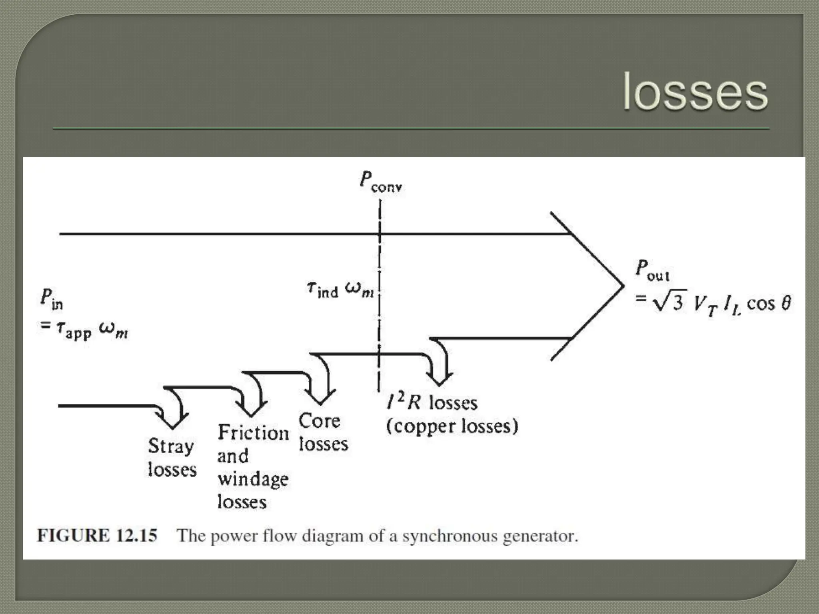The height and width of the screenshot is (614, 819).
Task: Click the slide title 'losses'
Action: (695, 92)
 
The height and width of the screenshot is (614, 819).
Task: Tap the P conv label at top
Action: (380, 182)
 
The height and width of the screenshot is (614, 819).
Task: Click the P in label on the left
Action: (52, 300)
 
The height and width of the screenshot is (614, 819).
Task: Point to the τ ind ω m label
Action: (340, 290)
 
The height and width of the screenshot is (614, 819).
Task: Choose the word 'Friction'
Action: (253, 433)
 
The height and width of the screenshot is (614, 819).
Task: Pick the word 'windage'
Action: (253, 479)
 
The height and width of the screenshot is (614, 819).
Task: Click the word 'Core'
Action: (319, 421)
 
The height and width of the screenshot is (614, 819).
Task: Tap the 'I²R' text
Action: (404, 402)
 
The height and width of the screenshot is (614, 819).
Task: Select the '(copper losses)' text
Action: (452, 426)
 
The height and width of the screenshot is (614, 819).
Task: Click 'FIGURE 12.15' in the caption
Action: (97, 536)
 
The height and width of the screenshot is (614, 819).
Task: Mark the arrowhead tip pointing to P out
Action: (623, 286)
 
